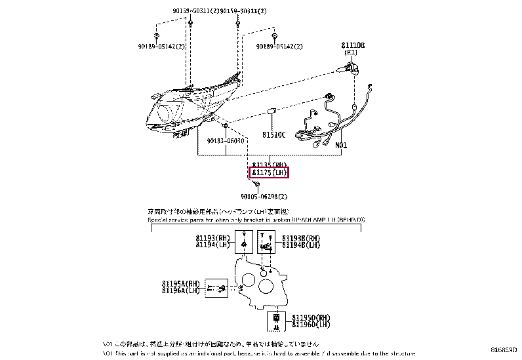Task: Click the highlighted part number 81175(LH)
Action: click(x=269, y=173)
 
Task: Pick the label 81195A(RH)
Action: click(x=180, y=283)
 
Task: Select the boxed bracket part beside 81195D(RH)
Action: click(x=276, y=321)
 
